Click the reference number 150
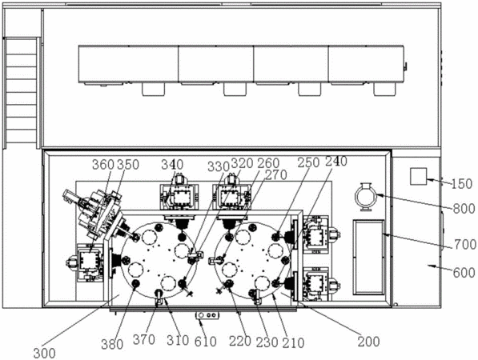click(x=462, y=184)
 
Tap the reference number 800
click(x=464, y=209)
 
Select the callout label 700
click(x=465, y=245)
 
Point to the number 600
click(x=464, y=273)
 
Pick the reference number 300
click(x=45, y=354)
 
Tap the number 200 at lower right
click(x=368, y=342)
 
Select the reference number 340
click(x=172, y=165)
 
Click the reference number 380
click(x=112, y=345)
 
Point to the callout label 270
click(x=276, y=175)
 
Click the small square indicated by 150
click(x=418, y=176)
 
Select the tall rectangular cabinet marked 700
click(x=368, y=257)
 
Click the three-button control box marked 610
click(x=207, y=315)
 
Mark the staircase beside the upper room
click(x=22, y=93)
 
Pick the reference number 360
click(x=103, y=165)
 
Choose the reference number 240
click(x=336, y=161)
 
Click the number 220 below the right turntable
click(x=240, y=341)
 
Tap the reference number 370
click(x=144, y=339)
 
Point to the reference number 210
click(x=293, y=343)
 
